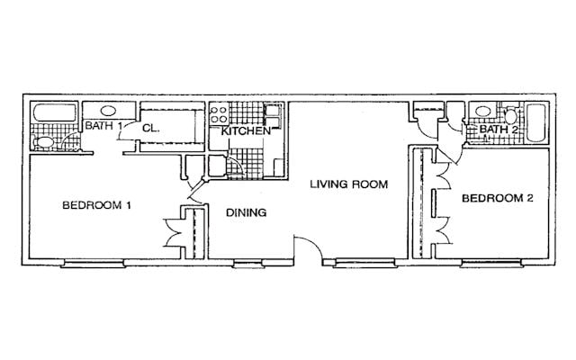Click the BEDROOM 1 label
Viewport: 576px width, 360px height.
tap(96, 205)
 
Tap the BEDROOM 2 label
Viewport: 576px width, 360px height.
tap(498, 198)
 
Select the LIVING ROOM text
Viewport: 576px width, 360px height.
tap(349, 184)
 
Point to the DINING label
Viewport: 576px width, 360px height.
tap(246, 212)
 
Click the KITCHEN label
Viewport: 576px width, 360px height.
tap(246, 130)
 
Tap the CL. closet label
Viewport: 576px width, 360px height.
tap(151, 128)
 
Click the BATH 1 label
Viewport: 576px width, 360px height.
tap(103, 126)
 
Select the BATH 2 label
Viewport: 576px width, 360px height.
tap(499, 130)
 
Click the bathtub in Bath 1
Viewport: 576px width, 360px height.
tap(55, 112)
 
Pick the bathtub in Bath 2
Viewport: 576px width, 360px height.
tap(536, 123)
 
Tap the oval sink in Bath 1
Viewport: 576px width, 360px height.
tap(108, 111)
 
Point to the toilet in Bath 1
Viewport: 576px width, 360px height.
tap(43, 142)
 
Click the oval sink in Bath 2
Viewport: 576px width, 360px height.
tap(482, 111)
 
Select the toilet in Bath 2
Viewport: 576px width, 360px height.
tap(510, 115)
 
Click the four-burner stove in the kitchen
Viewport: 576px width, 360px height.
tap(219, 114)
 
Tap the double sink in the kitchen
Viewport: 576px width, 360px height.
tap(273, 116)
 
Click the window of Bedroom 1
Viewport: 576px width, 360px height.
tap(94, 263)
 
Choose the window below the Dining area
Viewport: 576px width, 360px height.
tap(248, 264)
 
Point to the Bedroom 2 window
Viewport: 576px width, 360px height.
tap(491, 263)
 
